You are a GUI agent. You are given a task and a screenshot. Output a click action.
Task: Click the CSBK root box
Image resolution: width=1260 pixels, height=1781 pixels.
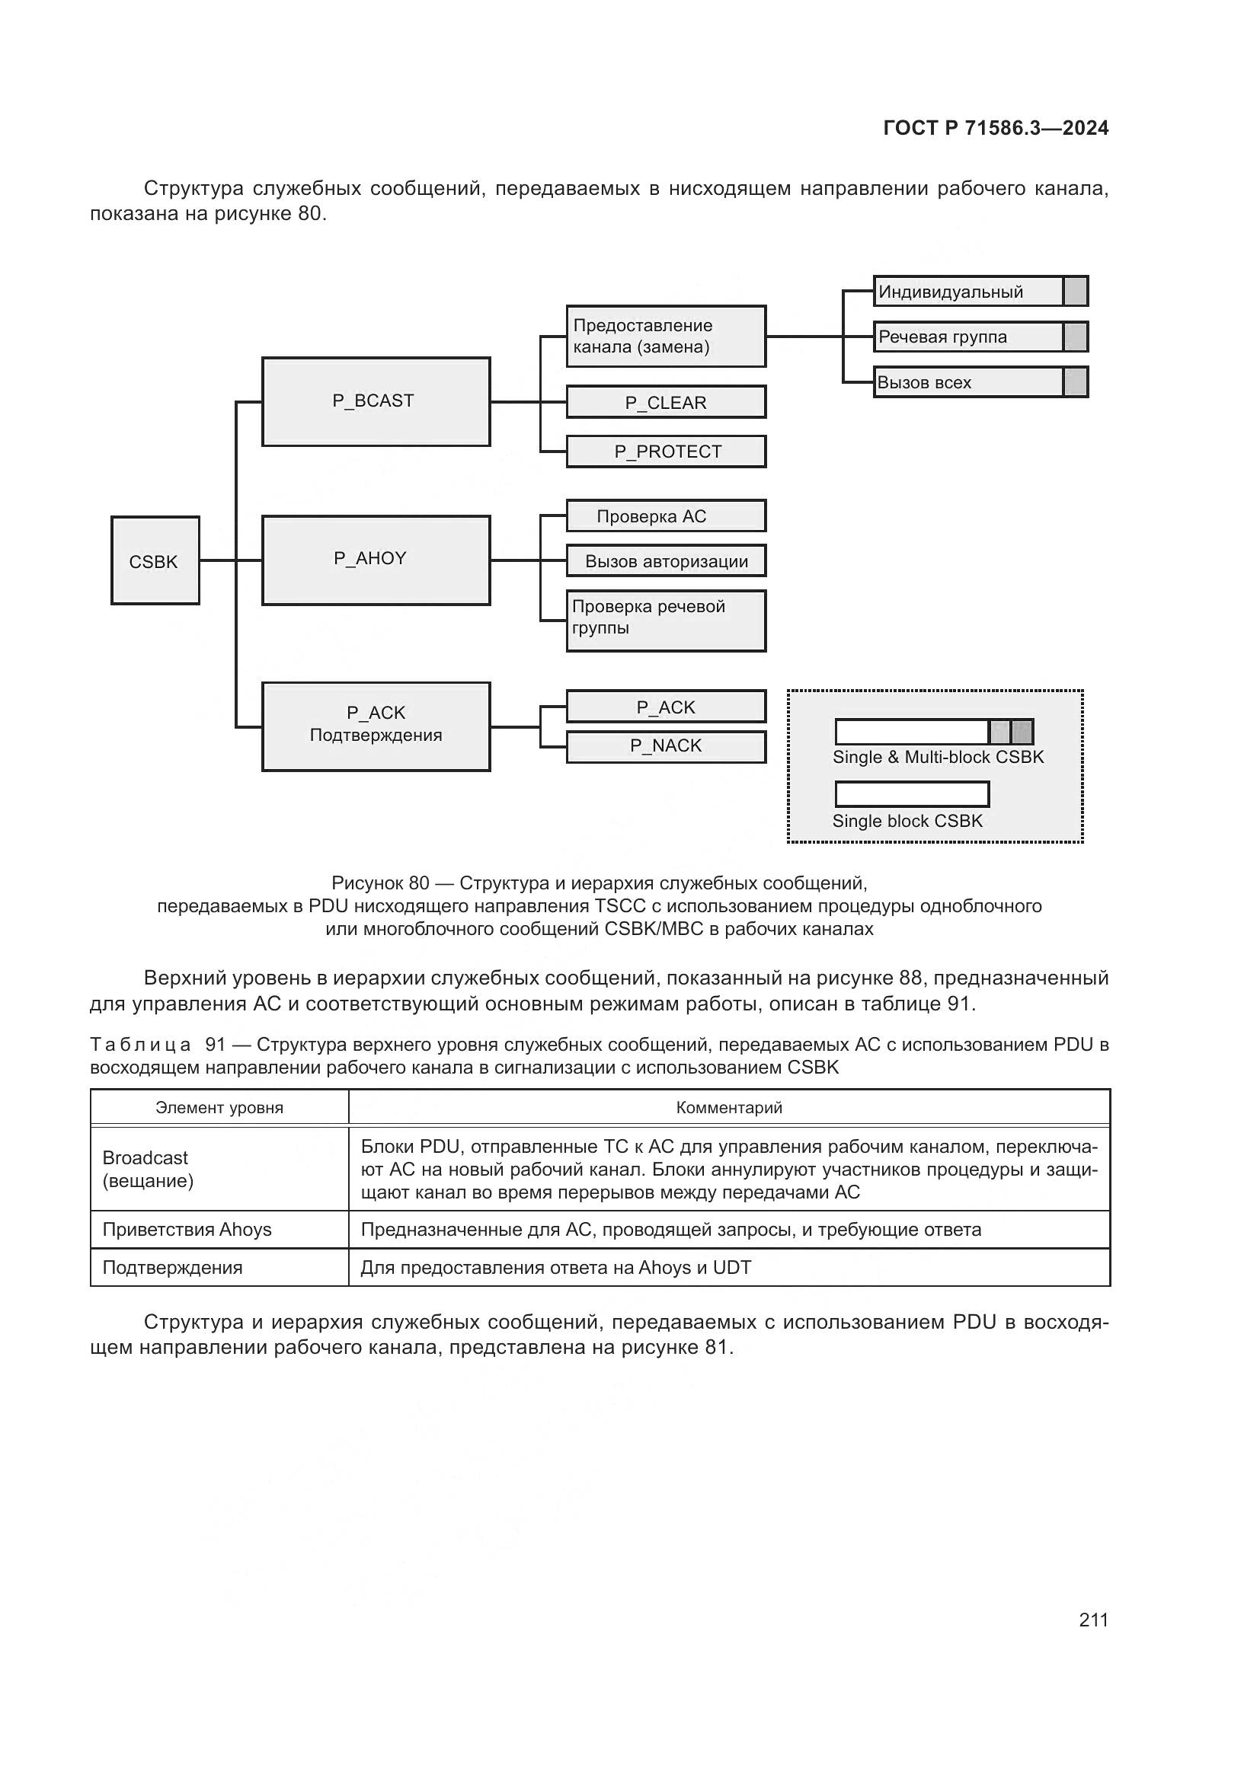point(155,561)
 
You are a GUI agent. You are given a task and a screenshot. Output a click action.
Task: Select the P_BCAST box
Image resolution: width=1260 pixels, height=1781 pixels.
point(376,401)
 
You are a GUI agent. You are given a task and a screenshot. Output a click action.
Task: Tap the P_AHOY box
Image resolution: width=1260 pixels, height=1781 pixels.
point(376,560)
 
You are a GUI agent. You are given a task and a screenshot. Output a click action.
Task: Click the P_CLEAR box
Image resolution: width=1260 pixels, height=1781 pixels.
point(666,403)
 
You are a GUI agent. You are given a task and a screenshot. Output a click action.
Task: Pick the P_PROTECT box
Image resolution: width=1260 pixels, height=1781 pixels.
point(666,452)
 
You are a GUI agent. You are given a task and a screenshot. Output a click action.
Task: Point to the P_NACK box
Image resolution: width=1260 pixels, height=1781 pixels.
point(666,746)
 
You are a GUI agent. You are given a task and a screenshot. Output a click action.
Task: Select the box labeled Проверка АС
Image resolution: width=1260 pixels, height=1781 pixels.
point(666,516)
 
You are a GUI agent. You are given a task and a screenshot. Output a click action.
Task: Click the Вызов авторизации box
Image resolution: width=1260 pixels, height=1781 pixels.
point(666,562)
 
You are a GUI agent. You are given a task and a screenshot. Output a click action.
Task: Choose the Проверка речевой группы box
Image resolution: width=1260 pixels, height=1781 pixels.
point(666,621)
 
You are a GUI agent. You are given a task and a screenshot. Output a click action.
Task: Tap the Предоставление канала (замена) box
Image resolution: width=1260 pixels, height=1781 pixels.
point(666,337)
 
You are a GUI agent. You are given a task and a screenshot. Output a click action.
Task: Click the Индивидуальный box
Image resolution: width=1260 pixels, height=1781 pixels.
point(968,292)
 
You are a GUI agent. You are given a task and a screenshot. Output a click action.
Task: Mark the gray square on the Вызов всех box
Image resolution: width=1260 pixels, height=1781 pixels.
point(1076,382)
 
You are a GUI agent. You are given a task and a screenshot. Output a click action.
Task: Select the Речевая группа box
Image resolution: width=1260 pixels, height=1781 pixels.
point(968,337)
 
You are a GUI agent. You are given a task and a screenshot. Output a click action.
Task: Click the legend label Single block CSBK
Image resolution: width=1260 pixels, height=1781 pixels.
point(907,821)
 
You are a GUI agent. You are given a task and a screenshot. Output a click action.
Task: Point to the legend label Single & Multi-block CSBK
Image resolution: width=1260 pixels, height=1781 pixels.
point(938,757)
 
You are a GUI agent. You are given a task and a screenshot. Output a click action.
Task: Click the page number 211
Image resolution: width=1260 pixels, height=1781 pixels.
point(1093,1620)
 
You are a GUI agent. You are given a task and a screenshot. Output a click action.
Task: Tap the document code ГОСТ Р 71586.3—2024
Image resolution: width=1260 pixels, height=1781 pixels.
point(996,129)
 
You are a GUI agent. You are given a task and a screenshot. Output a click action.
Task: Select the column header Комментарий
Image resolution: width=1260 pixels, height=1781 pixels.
point(728,1108)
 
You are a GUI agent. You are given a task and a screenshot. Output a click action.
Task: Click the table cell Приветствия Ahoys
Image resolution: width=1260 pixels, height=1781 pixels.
point(187,1230)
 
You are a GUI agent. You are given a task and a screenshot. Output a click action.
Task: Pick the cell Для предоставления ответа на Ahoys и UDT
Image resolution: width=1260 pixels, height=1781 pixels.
point(555,1268)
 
